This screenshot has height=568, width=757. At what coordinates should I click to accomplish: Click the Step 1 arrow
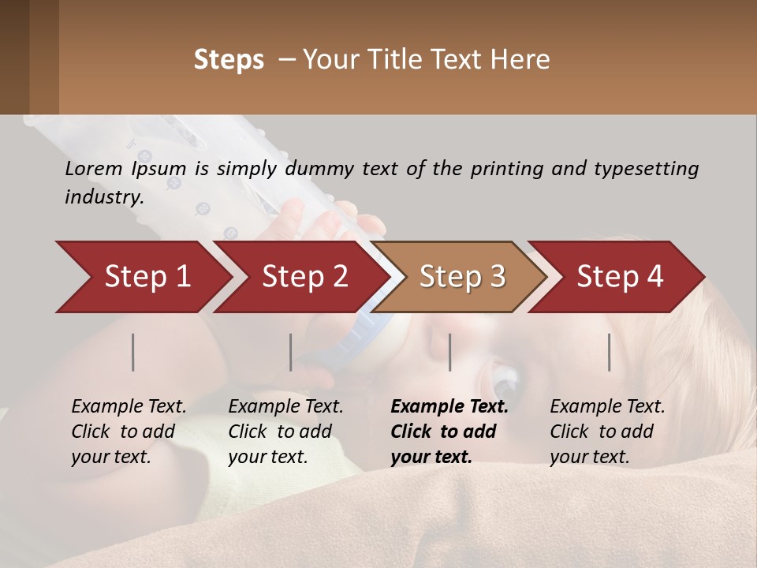[x=142, y=277]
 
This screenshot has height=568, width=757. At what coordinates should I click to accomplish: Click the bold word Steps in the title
[x=229, y=60]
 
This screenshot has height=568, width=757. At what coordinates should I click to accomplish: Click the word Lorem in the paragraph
[x=94, y=168]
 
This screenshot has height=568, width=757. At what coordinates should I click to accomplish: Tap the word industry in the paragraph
[x=104, y=196]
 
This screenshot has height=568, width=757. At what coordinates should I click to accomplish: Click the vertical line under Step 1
[x=133, y=352]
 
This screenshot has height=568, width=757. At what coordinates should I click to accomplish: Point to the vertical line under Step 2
[x=291, y=352]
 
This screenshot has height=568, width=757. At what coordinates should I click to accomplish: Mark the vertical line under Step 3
[x=449, y=352]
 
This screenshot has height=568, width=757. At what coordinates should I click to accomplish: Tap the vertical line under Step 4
[x=609, y=352]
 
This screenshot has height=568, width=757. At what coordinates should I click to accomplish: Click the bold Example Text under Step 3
[x=449, y=407]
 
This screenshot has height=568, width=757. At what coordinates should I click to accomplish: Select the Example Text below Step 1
[x=129, y=407]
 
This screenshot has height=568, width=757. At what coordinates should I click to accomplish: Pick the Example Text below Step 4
[x=607, y=407]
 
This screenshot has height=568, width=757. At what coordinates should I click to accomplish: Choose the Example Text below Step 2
[x=285, y=407]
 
